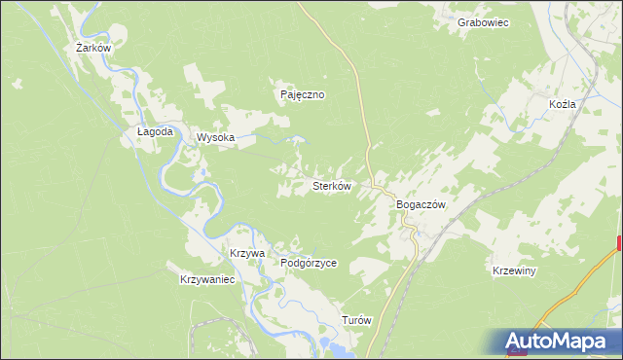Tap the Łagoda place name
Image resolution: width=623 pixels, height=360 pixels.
(155, 131)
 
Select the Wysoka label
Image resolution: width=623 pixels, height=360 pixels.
(216, 138)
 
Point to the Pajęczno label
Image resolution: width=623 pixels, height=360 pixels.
(302, 95)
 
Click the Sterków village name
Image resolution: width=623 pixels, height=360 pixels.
(331, 185)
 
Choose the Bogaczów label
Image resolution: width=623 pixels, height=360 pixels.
(421, 205)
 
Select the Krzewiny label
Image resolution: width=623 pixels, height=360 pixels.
(515, 270)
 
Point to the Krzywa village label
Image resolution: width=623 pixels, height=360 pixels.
(247, 253)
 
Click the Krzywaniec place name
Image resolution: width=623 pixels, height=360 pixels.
(208, 279)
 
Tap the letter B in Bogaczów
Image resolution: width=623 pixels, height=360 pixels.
(400, 205)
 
